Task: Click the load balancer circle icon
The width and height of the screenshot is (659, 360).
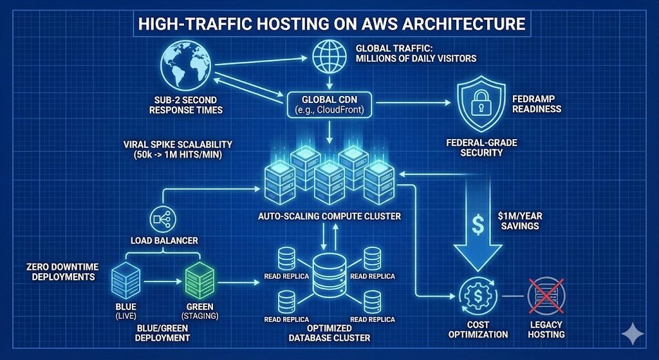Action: pos(160,220)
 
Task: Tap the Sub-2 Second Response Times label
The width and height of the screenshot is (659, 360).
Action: pos(185,105)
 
